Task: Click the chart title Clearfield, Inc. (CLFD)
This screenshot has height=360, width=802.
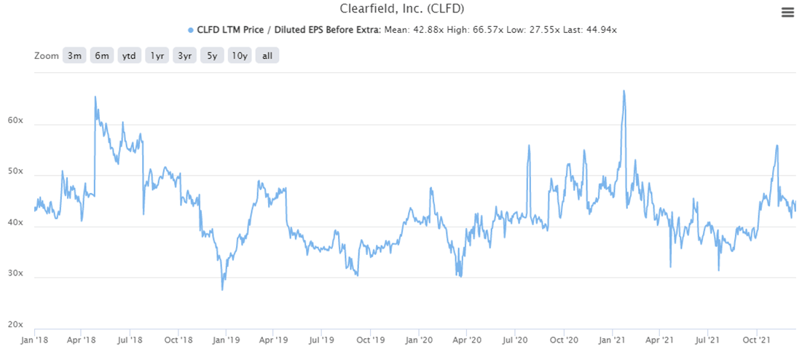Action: pos(401,9)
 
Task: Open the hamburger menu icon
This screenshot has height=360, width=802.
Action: pos(787,12)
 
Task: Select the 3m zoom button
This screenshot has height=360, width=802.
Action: pos(74,56)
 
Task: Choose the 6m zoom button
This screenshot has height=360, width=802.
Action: pos(102,56)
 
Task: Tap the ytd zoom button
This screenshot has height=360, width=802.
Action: pos(130,56)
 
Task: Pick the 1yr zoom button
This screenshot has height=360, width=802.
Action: pos(157,56)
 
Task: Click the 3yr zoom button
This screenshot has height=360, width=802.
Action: pos(185,56)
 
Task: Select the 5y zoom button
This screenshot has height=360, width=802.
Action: pos(212,56)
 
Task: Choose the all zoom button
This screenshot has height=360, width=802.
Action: pos(267,56)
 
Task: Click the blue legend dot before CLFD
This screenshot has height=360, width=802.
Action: pos(191,30)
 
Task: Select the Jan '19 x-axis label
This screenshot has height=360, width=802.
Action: pos(226,340)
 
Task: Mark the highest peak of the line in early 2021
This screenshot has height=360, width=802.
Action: pos(624,91)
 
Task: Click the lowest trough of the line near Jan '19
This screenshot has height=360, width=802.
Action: pos(222,289)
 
